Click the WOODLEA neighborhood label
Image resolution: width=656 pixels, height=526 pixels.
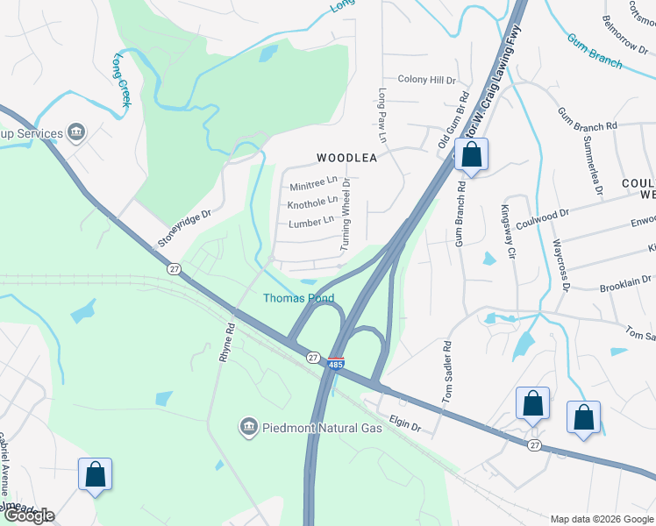[346, 159]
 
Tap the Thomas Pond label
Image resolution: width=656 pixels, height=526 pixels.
[299, 299]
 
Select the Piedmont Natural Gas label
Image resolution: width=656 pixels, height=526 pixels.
[322, 427]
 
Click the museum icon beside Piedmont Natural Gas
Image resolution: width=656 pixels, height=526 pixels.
[249, 427]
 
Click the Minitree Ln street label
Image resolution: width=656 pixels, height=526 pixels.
[313, 184]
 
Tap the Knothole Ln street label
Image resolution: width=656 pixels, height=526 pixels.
[313, 203]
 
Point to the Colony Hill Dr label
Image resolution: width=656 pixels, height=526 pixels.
[427, 80]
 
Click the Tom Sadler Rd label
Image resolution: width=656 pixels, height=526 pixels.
[446, 372]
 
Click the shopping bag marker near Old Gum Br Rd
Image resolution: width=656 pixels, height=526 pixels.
[472, 156]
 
